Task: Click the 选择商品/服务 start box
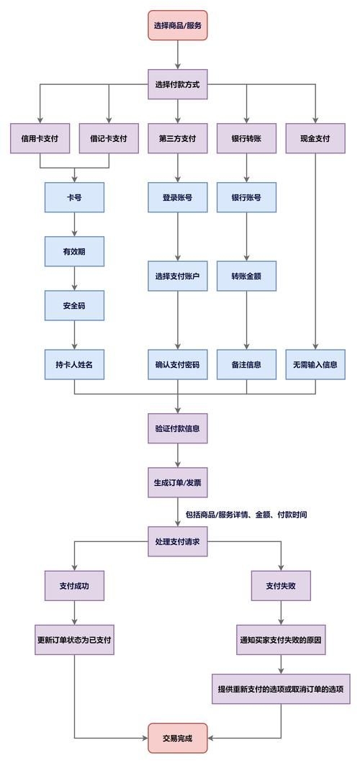pos(178,25)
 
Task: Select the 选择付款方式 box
pos(178,84)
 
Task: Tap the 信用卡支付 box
pos(40,139)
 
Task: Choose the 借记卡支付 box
pos(109,139)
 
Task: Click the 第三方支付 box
pos(178,139)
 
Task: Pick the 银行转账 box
pos(246,139)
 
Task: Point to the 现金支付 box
pos(315,139)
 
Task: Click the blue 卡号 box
pos(74,197)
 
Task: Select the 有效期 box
pos(74,251)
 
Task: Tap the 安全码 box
pos(74,305)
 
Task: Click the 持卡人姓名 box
pos(74,364)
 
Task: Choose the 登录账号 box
pos(178,197)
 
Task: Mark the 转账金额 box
pos(246,276)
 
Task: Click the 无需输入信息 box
pos(315,364)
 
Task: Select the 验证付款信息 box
pos(178,428)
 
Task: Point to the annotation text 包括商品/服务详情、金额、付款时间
pos(246,515)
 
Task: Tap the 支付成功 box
pos(74,585)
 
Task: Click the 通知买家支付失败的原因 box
pos(281,639)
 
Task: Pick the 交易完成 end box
pos(178,738)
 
